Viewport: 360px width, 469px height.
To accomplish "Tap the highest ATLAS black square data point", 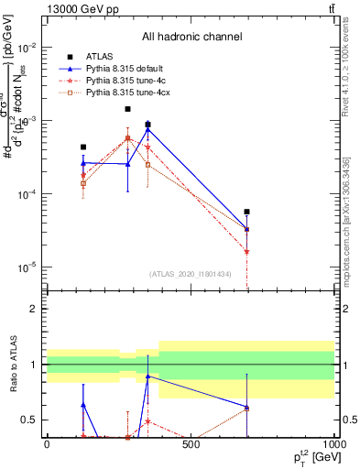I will tap(127, 109).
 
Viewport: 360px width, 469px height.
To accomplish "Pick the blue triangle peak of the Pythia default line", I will tap(147, 128).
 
